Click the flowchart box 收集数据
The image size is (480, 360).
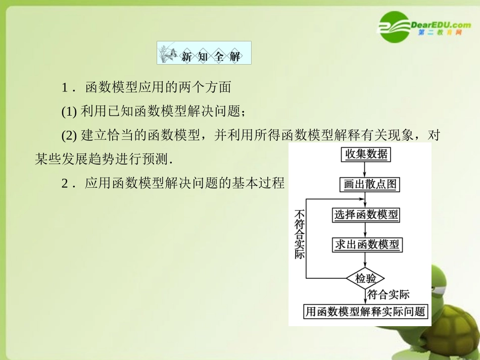366,155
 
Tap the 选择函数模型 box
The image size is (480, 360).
366,215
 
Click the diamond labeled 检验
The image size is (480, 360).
366,278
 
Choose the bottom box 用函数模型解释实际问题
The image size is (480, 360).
365,312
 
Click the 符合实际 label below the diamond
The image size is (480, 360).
388,295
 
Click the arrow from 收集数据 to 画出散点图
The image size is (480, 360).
365,170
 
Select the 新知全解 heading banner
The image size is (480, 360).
204,53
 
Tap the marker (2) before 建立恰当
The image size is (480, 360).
69,135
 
